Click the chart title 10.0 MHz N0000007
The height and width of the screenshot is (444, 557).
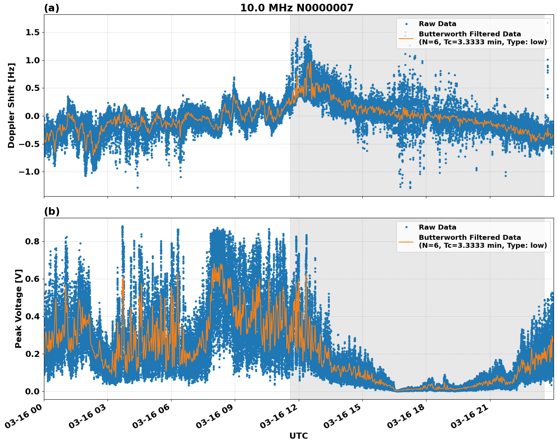tap(296, 8)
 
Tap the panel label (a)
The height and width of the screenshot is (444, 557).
tap(51, 8)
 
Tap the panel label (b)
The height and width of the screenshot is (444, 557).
tap(51, 211)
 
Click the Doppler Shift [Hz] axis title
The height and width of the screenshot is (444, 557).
tap(11, 105)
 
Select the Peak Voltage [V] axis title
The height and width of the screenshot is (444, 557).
tap(19, 308)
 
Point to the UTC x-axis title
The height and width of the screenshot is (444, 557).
tap(298, 436)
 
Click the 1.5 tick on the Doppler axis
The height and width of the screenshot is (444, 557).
tap(33, 33)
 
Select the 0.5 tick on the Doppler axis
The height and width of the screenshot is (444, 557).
tap(33, 88)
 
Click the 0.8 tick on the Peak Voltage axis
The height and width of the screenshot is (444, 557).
tap(33, 242)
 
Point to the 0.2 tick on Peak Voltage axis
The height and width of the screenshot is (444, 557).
tap(33, 354)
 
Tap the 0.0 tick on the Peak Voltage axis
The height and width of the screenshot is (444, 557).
tap(33, 391)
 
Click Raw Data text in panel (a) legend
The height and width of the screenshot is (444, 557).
tap(437, 24)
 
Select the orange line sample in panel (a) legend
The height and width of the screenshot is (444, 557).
tap(406, 38)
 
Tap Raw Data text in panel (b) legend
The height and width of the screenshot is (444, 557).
tap(437, 227)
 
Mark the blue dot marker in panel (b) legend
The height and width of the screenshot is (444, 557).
tap(406, 227)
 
